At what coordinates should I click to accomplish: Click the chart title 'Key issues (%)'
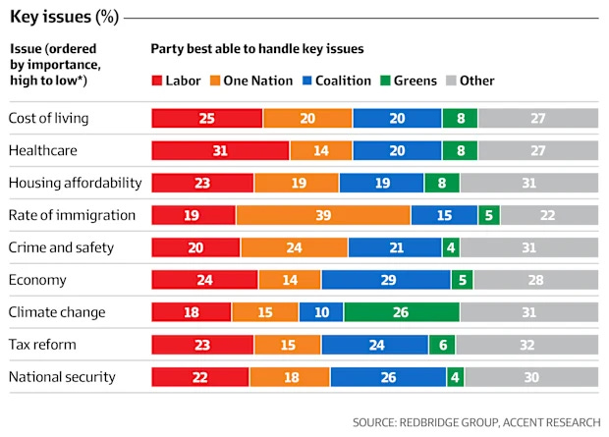(65, 17)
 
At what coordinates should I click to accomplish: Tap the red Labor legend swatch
(157, 81)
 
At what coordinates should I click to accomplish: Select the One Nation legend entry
(251, 81)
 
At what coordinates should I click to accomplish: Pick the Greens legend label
(415, 81)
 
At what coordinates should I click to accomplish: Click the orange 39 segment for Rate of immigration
(323, 215)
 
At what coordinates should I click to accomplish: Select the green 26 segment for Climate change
(402, 312)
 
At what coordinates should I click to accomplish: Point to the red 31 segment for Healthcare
(220, 150)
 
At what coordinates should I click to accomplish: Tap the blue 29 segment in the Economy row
(386, 280)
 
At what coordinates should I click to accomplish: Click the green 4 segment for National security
(455, 377)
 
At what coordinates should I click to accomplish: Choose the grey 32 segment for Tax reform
(527, 345)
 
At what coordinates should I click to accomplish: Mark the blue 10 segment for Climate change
(321, 312)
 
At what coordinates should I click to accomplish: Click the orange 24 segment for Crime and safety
(294, 247)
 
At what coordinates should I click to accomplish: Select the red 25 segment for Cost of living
(207, 118)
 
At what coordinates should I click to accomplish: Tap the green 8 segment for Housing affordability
(442, 183)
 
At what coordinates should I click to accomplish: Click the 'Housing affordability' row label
(75, 183)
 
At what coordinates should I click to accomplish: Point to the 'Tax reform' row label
(42, 345)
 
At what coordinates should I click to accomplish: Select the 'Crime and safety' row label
(61, 247)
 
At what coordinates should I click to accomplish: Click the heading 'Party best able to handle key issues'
(257, 48)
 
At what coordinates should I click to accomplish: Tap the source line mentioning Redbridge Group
(476, 422)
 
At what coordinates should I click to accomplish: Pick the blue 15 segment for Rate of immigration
(444, 215)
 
